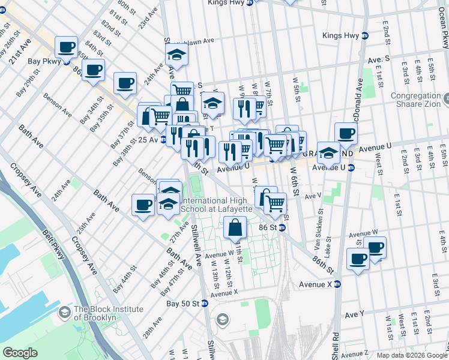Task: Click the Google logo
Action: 20,353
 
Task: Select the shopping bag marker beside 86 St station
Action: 235,228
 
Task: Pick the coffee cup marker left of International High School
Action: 143,205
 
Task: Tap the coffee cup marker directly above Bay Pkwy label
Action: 66,46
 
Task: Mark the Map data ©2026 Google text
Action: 411,355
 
